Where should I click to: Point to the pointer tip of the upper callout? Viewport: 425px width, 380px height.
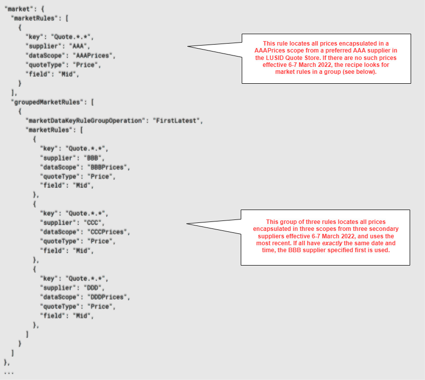click(x=188, y=47)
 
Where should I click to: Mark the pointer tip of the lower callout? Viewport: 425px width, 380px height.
click(x=188, y=224)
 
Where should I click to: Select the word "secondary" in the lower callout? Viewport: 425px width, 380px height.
click(x=381, y=229)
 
